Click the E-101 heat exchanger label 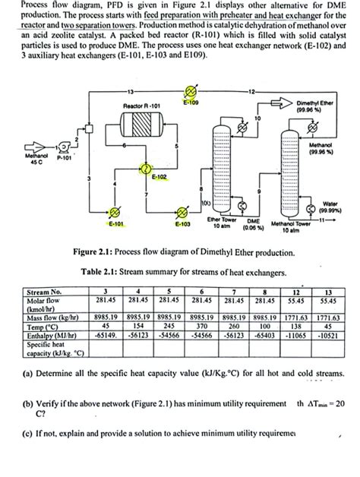pos(116,224)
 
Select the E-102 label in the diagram pos(159,177)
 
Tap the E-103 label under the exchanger pos(182,224)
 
